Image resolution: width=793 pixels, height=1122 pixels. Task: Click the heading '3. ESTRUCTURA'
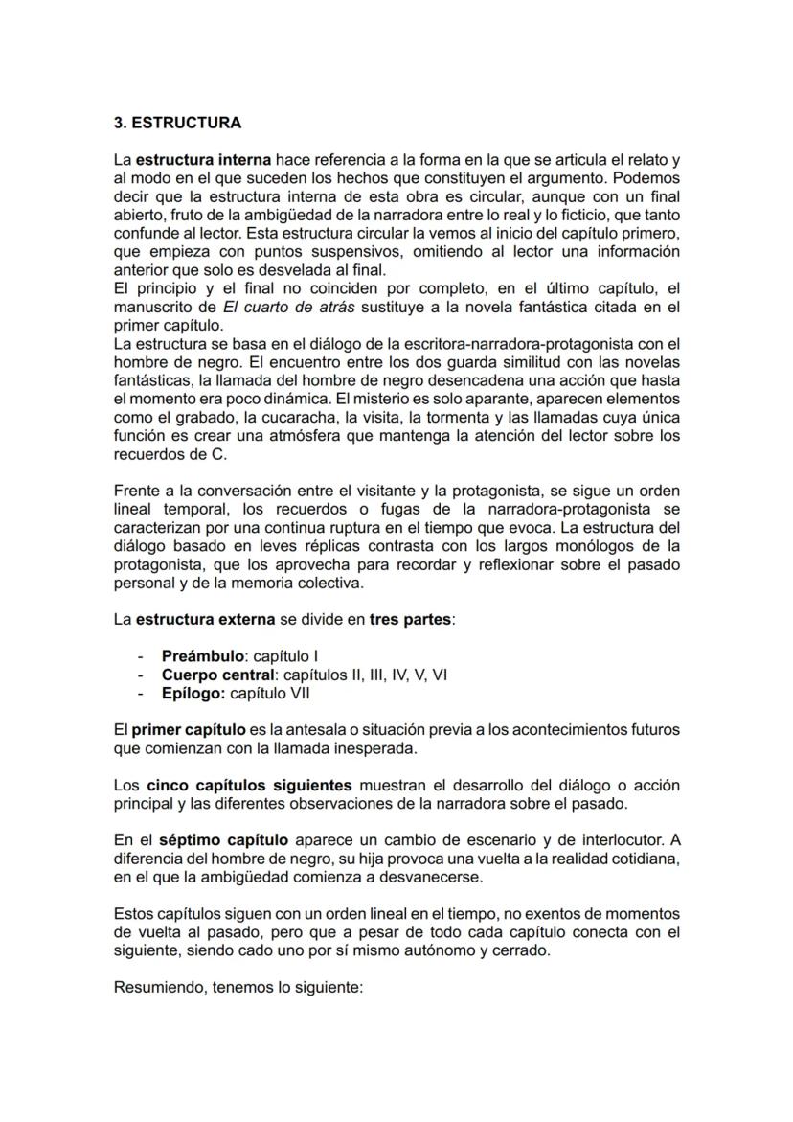[177, 124]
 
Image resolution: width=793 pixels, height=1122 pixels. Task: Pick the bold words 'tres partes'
[410, 619]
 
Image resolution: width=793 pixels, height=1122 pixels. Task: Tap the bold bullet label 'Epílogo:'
[193, 693]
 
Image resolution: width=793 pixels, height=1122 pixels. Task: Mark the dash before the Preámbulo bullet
[141, 656]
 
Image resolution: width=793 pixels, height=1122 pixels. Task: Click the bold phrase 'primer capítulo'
[192, 730]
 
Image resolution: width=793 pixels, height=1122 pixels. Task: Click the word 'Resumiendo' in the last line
[153, 985]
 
